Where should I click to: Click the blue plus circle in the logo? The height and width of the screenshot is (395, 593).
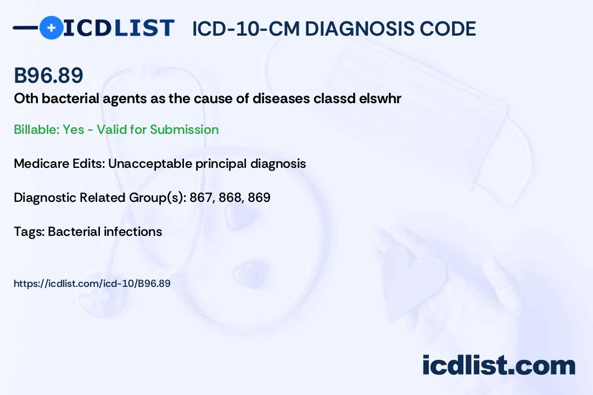pyautogui.click(x=52, y=27)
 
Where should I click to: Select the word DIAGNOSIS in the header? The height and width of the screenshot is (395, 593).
pyautogui.click(x=354, y=29)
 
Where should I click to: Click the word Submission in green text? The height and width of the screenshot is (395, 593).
pyautogui.click(x=184, y=129)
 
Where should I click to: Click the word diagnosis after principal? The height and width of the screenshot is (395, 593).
pyautogui.click(x=278, y=163)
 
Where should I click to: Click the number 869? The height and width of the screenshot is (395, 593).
pyautogui.click(x=259, y=198)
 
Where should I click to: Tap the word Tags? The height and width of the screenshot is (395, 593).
pyautogui.click(x=29, y=232)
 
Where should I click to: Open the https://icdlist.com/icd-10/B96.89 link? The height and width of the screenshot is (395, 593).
pyautogui.click(x=92, y=284)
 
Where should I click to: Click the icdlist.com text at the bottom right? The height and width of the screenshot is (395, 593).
pyautogui.click(x=499, y=365)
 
